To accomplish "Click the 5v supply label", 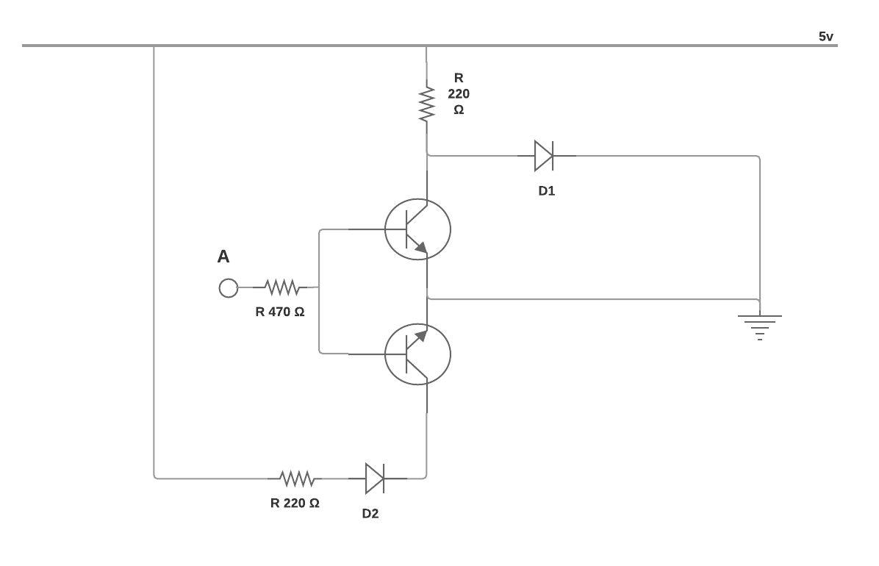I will pyautogui.click(x=826, y=37).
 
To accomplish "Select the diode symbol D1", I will pyautogui.click(x=544, y=156).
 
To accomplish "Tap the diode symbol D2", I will pyautogui.click(x=375, y=479).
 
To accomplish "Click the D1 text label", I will pyautogui.click(x=547, y=191).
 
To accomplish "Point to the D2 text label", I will pyautogui.click(x=370, y=514).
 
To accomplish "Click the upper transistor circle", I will pyautogui.click(x=417, y=229).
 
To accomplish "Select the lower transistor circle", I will pyautogui.click(x=417, y=354).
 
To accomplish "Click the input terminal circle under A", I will pyautogui.click(x=228, y=288).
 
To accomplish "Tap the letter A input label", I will pyautogui.click(x=223, y=257).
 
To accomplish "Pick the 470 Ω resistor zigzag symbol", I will pyautogui.click(x=281, y=287).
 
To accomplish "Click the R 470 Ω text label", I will pyautogui.click(x=280, y=312).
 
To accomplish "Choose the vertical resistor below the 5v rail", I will pyautogui.click(x=426, y=103).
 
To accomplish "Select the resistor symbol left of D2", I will pyautogui.click(x=297, y=479).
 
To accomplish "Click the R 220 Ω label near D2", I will pyautogui.click(x=295, y=504).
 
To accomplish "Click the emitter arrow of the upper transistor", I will pyautogui.click(x=420, y=248).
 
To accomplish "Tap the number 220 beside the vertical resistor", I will pyautogui.click(x=459, y=94).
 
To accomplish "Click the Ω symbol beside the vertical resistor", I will pyautogui.click(x=459, y=110).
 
